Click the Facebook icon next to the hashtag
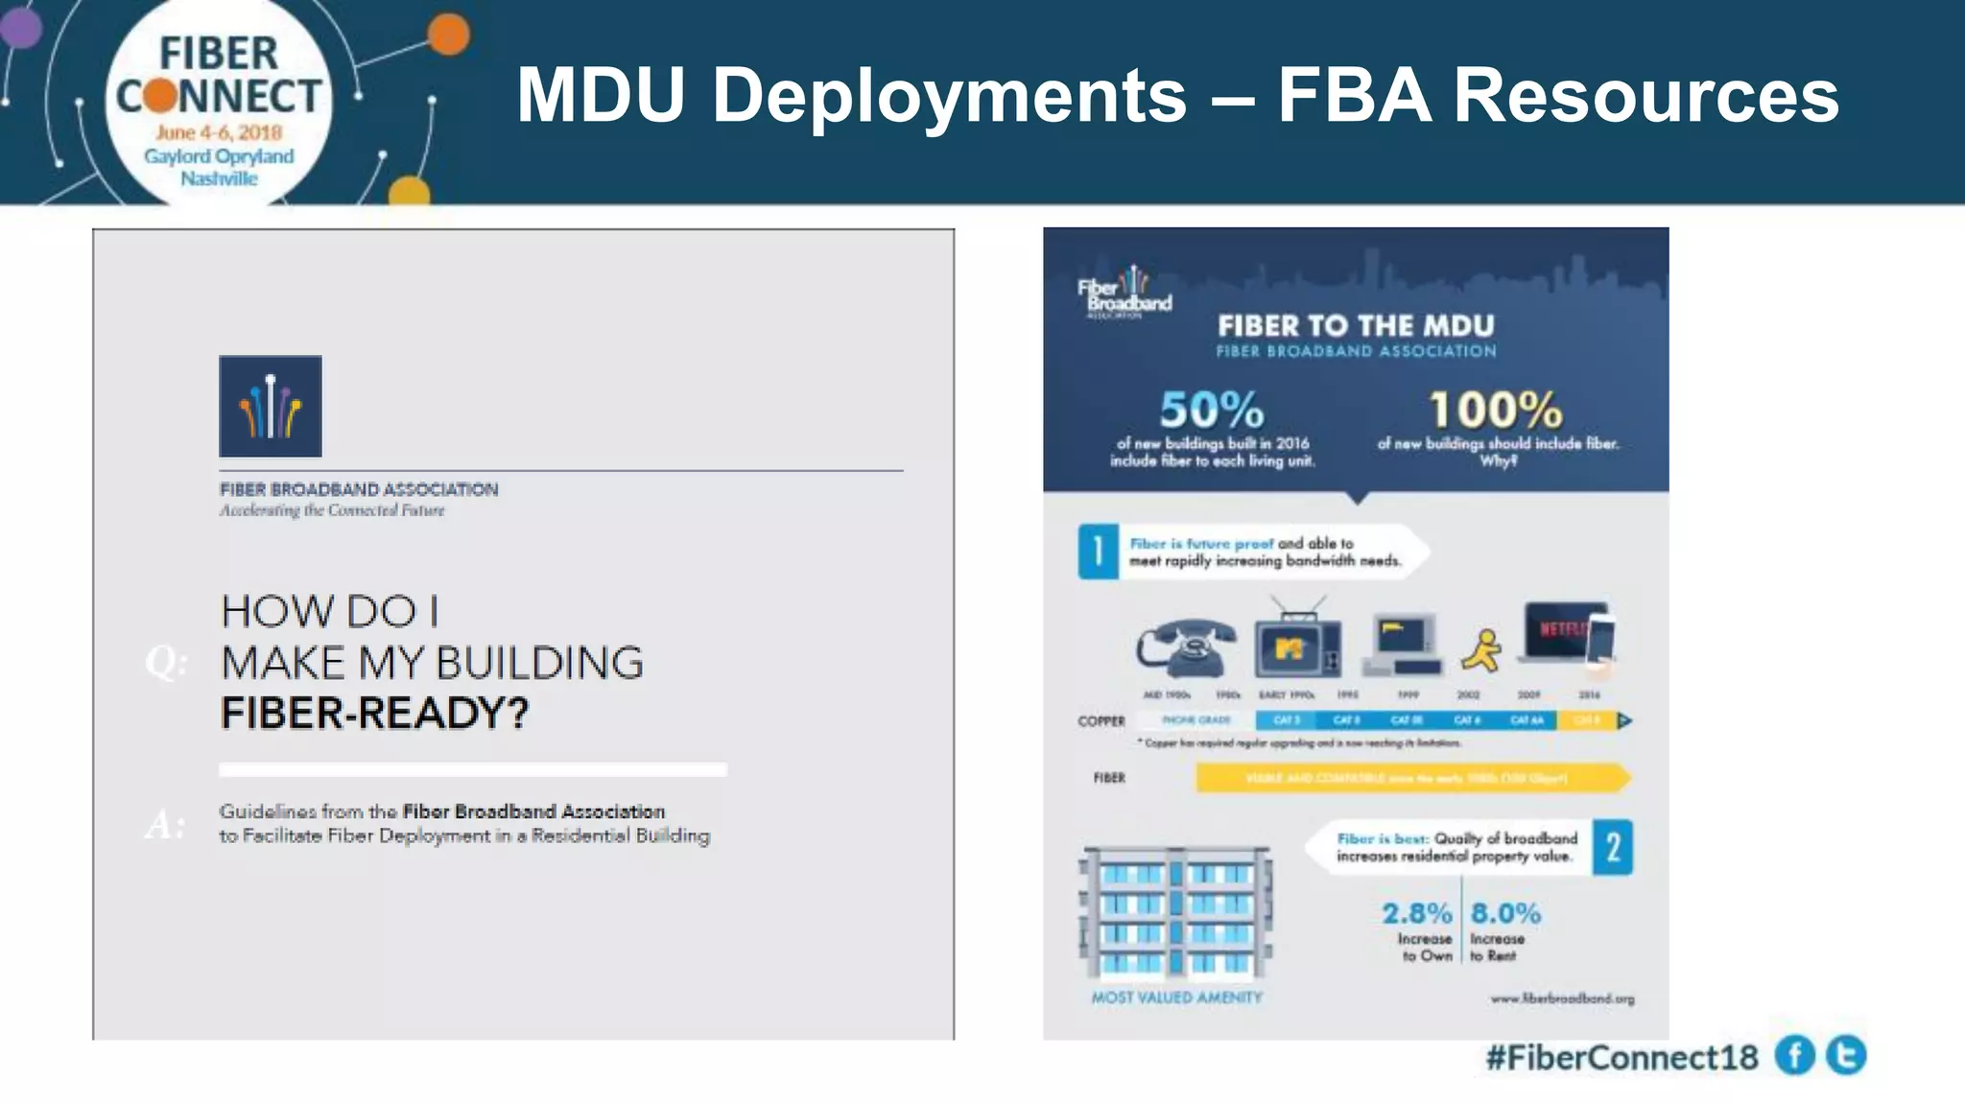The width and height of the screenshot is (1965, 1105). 1794,1056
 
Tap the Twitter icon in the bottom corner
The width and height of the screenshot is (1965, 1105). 1846,1055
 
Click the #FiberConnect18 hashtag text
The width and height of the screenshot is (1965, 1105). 1622,1057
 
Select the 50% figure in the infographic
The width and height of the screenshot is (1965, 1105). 1211,410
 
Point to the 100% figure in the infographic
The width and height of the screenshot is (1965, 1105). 1496,410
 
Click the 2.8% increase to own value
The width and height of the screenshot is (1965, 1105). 1416,913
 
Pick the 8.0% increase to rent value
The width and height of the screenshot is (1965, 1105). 1505,913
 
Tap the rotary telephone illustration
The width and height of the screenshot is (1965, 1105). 1187,648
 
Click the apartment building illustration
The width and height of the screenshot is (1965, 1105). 1176,912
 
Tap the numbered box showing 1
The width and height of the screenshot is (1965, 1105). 1098,552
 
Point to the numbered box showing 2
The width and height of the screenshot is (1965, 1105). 1613,847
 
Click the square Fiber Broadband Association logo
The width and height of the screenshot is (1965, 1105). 271,407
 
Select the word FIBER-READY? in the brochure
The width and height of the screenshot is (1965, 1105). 374,714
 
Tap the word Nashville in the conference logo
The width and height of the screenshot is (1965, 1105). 219,179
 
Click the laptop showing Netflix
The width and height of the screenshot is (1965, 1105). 1564,633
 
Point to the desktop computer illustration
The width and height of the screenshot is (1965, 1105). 1406,643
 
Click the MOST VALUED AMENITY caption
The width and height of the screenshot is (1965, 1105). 1176,998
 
